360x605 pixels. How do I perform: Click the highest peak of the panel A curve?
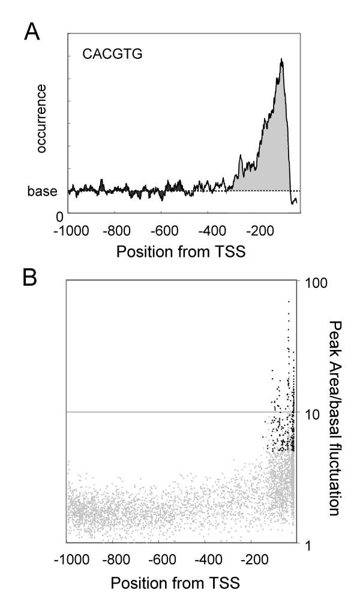pos(281,60)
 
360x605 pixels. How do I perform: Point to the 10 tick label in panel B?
pos(312,413)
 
